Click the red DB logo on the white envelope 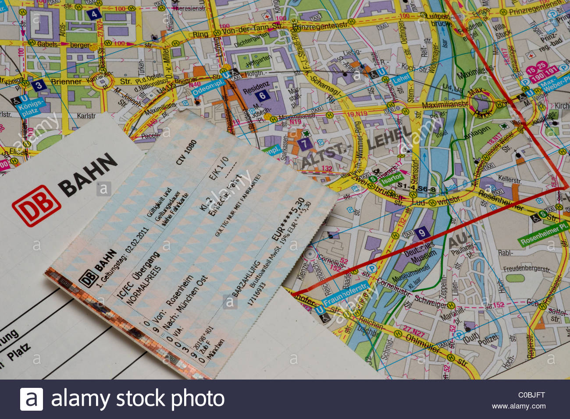pos(36,205)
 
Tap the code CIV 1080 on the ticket pos(186,152)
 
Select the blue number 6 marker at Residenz pos(262,96)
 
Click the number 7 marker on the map pos(305,143)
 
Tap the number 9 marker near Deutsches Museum pos(421,233)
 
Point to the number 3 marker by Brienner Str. pos(39,85)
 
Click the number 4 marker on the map pos(94,14)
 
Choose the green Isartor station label pos(391,178)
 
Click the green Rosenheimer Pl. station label pos(545,235)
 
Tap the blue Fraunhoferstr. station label pos(346,295)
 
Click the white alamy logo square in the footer pos(31,399)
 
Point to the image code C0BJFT pos(531,395)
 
